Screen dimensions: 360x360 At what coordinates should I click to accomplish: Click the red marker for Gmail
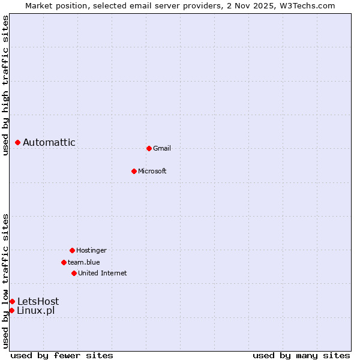pyautogui.click(x=149, y=148)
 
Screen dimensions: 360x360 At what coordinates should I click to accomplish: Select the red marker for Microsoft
pyautogui.click(x=134, y=171)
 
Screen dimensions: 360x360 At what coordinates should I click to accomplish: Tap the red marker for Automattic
pyautogui.click(x=18, y=142)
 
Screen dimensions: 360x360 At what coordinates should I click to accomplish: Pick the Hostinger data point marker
pyautogui.click(x=72, y=250)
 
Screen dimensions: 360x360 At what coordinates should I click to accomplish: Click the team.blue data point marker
pyautogui.click(x=64, y=262)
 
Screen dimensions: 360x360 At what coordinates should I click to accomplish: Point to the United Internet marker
pyautogui.click(x=74, y=273)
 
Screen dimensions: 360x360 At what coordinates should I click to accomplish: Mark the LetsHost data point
pyautogui.click(x=12, y=301)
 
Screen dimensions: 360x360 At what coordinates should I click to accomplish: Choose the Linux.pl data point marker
pyautogui.click(x=11, y=310)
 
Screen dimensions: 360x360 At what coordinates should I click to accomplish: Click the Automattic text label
pyautogui.click(x=49, y=142)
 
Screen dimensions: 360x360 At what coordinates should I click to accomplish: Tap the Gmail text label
pyautogui.click(x=162, y=148)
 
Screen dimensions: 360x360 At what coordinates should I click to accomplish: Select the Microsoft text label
pyautogui.click(x=152, y=171)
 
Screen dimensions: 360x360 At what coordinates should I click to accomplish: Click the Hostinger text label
pyautogui.click(x=91, y=250)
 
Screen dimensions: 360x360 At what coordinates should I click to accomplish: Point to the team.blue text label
pyautogui.click(x=84, y=262)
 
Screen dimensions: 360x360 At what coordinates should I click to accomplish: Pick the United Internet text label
pyautogui.click(x=103, y=273)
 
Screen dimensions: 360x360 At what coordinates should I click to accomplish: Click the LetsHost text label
pyautogui.click(x=38, y=301)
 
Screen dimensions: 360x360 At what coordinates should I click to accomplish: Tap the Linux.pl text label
pyautogui.click(x=36, y=310)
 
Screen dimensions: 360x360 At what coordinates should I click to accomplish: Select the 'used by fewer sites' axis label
pyautogui.click(x=62, y=355)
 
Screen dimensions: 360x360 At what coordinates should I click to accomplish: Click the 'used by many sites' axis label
pyautogui.click(x=301, y=355)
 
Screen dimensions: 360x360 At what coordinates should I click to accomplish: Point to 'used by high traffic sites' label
pyautogui.click(x=5, y=85)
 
